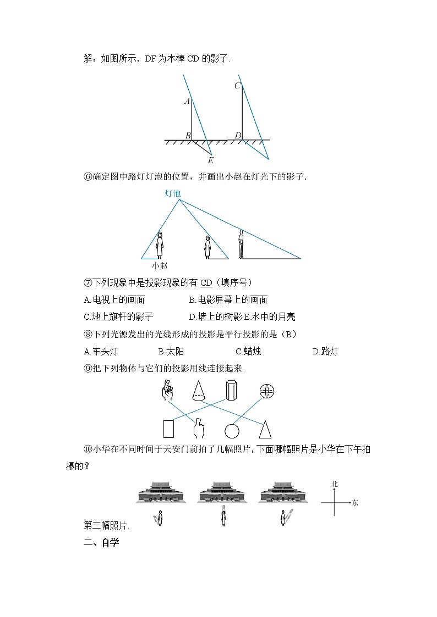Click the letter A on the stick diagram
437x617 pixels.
[187, 101]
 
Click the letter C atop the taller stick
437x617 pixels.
[237, 85]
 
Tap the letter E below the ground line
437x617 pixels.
[210, 160]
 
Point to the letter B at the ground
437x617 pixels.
[187, 135]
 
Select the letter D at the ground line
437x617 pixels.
[238, 135]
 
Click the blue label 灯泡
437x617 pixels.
[172, 193]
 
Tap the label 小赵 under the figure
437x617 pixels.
[160, 265]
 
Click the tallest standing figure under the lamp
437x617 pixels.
[241, 244]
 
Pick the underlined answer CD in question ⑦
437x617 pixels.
[206, 283]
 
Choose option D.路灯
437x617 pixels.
[325, 352]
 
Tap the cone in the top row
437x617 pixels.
[199, 391]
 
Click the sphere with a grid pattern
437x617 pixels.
[267, 391]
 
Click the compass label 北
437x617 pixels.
[334, 484]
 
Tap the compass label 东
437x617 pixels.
[355, 503]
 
